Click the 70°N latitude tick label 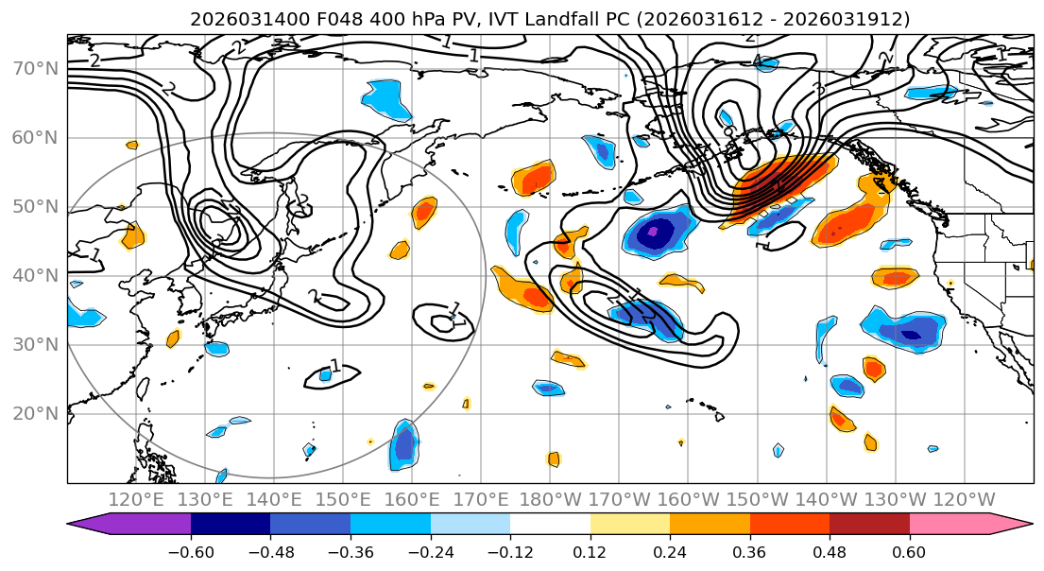[35, 68]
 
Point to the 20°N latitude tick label [35, 413]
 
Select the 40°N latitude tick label [35, 275]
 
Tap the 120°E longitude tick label [136, 499]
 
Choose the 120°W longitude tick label [965, 499]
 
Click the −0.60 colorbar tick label [191, 550]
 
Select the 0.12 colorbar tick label [590, 550]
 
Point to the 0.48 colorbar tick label [829, 550]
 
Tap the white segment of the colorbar [550, 525]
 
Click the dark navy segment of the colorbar [231, 525]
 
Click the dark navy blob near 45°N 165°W [656, 232]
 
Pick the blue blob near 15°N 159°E [404, 444]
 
